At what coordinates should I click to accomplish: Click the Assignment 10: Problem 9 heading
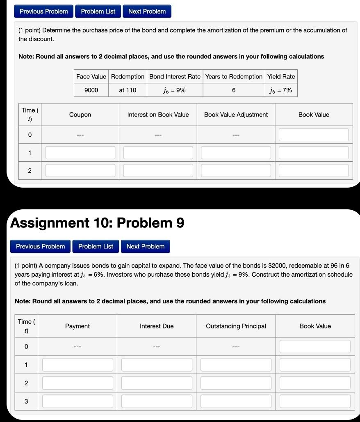point(97,223)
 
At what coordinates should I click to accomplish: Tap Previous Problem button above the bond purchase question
point(44,11)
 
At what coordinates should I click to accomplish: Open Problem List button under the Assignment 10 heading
point(96,246)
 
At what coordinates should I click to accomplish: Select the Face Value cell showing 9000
point(91,90)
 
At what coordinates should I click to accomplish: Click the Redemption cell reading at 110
point(128,90)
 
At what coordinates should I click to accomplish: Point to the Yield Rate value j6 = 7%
point(281,90)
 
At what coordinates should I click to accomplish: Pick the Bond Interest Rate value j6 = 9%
point(175,90)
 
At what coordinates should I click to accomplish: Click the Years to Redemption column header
point(234,77)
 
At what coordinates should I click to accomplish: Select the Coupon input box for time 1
point(80,153)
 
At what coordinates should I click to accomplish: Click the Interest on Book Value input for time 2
point(158,170)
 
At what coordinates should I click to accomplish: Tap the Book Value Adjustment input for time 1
point(236,153)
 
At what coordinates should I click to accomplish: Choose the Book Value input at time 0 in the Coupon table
point(314,135)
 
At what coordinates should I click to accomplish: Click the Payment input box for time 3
point(77,401)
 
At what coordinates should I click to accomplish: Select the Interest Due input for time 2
point(157,383)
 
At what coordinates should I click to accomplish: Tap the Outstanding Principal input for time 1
point(236,365)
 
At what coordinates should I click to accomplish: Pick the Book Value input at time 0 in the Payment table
point(315,346)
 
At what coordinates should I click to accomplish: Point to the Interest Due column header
point(157,326)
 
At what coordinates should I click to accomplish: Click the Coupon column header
point(80,115)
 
